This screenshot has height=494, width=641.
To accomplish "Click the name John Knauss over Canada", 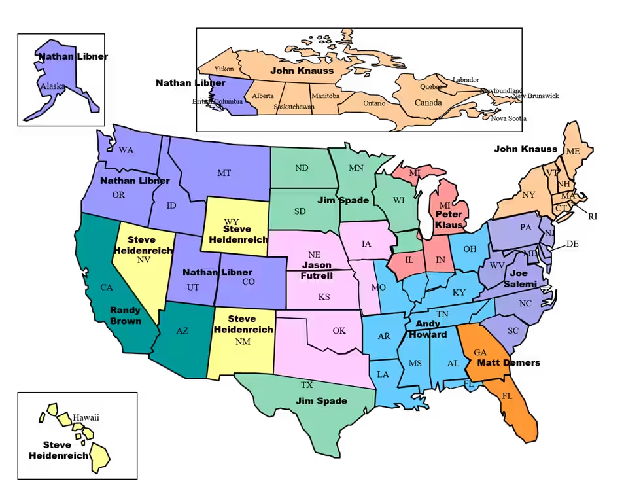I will point(302,71).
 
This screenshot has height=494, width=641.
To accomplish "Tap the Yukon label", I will point(224,69).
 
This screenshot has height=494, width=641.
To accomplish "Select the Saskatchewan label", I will point(294,107).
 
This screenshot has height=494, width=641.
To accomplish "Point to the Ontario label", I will point(374,103).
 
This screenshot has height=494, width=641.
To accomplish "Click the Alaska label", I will point(52,86).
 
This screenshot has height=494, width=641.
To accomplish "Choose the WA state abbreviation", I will point(126,150).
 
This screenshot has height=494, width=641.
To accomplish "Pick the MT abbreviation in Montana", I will point(224,173).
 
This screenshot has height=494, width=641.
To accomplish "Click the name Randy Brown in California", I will point(125,315).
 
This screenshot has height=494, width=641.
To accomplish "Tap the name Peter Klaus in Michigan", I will point(449,219).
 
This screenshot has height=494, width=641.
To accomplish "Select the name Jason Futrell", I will point(317,270).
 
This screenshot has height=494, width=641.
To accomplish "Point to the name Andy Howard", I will point(428,329).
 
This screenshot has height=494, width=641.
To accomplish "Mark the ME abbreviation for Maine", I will point(572,152).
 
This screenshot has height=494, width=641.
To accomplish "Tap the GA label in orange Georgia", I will point(480,353).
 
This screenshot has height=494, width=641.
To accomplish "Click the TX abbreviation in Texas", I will point(307,385).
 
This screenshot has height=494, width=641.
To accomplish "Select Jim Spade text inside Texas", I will point(321,400).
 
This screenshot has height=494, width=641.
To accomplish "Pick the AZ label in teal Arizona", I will point(182,331).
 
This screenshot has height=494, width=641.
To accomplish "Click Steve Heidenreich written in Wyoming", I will point(237,234).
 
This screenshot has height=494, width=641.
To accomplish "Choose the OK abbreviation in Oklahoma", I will point(339,330).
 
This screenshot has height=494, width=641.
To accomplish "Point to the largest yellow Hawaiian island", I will point(99,456).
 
